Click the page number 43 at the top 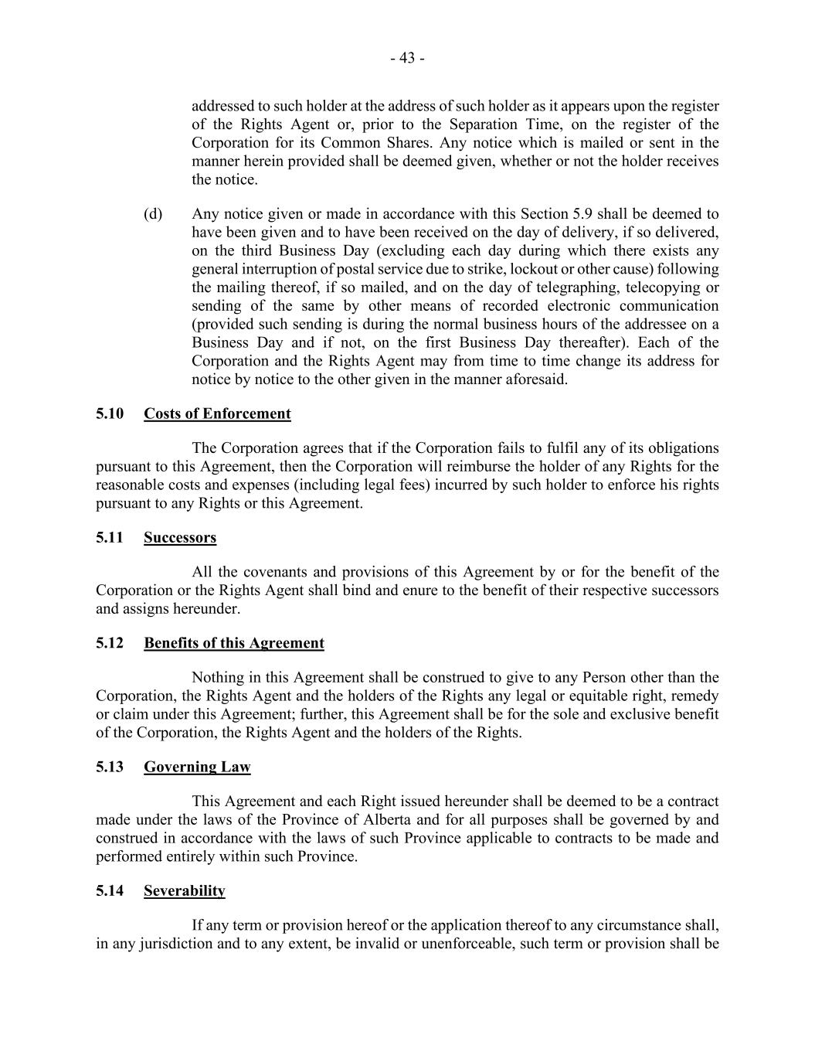coord(407,58)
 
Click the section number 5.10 coord(110,413)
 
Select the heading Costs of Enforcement coord(217,413)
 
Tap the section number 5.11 coord(110,538)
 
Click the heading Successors coord(180,538)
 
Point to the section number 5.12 coord(110,643)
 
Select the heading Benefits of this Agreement coord(234,643)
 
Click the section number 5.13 coord(110,767)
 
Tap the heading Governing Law coord(197,767)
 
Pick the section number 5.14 coord(110,891)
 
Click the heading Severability coord(185,891)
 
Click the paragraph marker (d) coord(153,214)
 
